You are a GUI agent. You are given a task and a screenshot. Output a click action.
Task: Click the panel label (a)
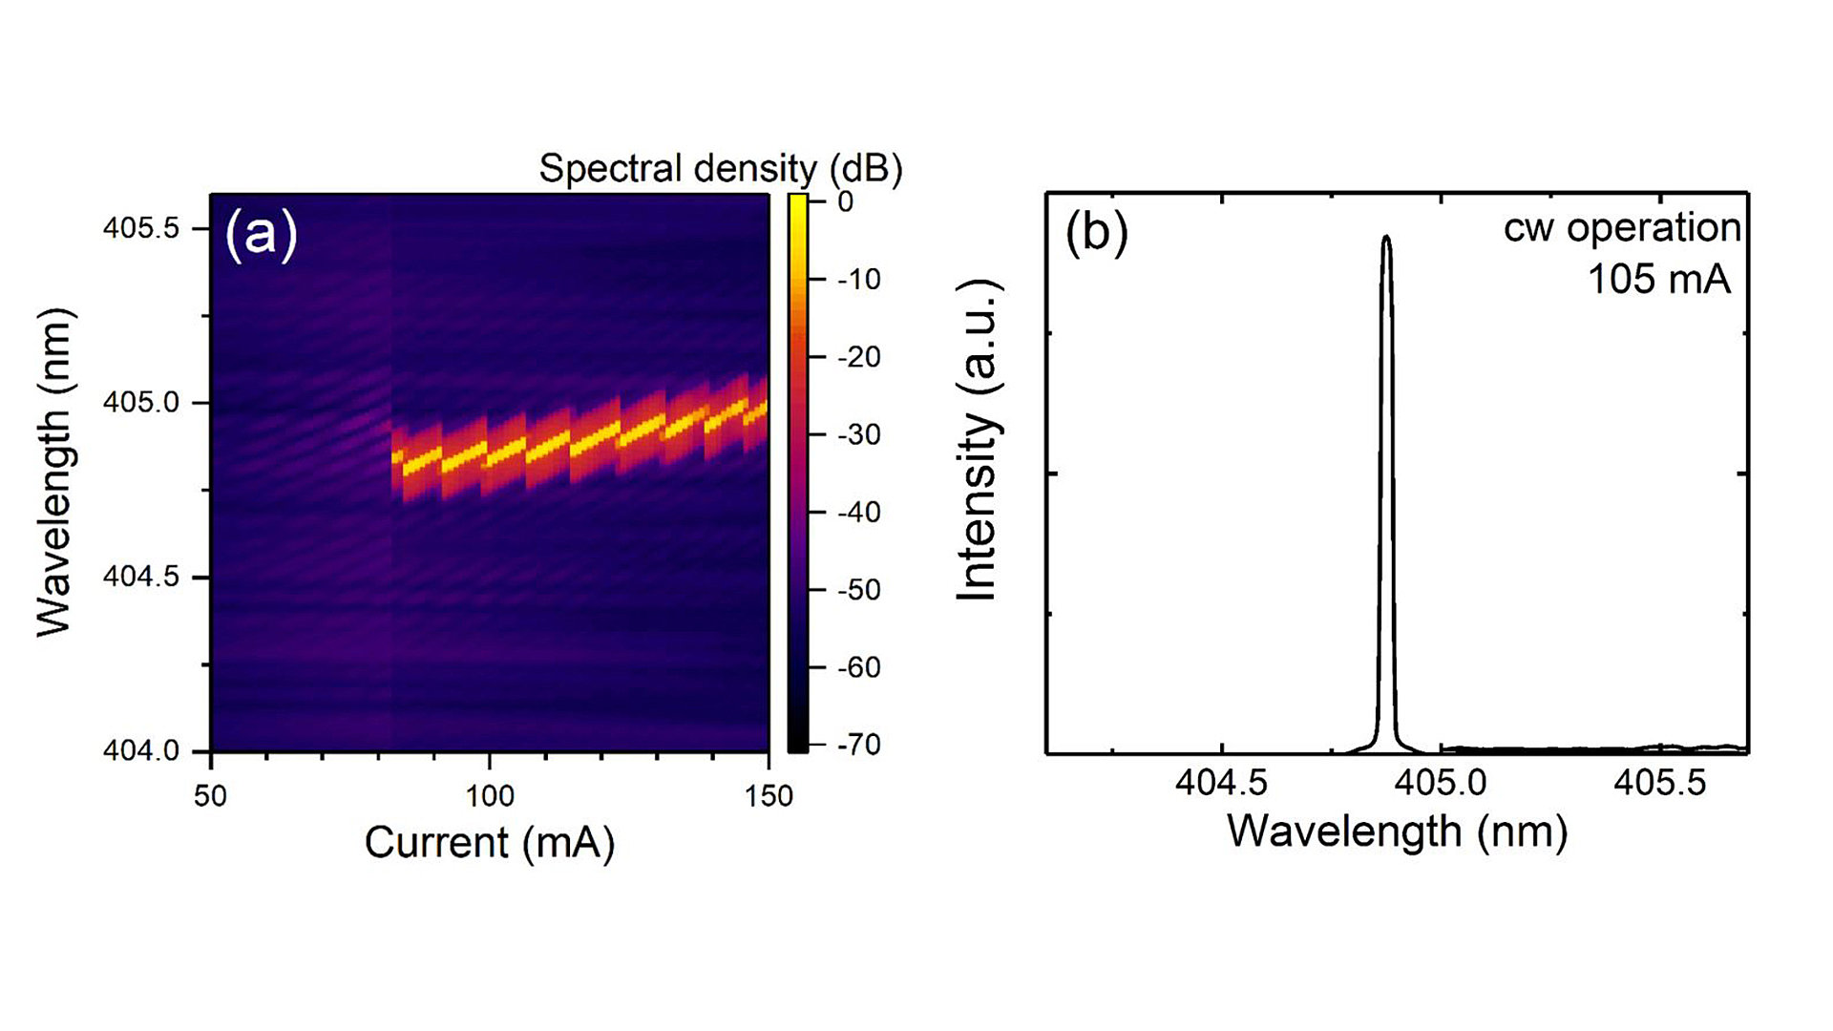tap(261, 233)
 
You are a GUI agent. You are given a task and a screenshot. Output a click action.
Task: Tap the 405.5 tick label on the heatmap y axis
tap(140, 229)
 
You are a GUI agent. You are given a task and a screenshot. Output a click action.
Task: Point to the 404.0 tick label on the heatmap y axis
tap(140, 751)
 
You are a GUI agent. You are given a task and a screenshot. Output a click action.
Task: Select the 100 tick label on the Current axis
tap(490, 796)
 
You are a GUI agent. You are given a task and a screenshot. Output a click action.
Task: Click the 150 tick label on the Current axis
tap(769, 796)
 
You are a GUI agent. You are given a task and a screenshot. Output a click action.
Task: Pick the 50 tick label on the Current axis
tap(210, 796)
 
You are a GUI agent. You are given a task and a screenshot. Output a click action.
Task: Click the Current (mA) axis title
tap(490, 843)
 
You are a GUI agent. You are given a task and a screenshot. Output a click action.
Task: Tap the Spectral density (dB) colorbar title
tap(721, 169)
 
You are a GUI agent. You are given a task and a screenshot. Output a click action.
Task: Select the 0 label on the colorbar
tap(845, 201)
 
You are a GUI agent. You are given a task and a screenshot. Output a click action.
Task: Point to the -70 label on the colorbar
tap(858, 745)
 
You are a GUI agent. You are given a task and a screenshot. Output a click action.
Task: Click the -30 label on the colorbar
tap(858, 434)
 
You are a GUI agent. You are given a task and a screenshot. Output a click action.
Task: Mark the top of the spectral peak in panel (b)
tap(1386, 238)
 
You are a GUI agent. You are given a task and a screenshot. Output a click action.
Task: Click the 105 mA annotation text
tap(1658, 279)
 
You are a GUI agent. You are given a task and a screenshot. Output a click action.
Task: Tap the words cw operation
tap(1622, 228)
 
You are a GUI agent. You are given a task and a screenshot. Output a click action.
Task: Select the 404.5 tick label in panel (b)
tap(1221, 783)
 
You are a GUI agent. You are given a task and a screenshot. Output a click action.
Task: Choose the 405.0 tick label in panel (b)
tap(1441, 783)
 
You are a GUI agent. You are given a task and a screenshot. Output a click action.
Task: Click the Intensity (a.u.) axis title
tap(979, 440)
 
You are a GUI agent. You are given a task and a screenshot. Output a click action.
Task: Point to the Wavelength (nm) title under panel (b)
tap(1397, 831)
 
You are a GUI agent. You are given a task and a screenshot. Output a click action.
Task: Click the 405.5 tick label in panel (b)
tap(1659, 783)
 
